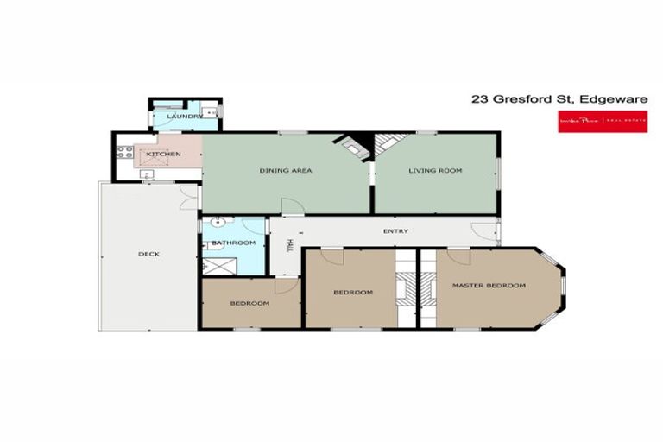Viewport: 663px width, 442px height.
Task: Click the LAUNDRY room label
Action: [x=185, y=116]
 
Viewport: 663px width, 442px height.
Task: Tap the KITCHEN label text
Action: [x=163, y=154]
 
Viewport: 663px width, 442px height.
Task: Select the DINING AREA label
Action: [x=285, y=170]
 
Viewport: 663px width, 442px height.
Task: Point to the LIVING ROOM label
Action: [x=435, y=170]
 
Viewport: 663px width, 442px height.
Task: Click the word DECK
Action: [x=148, y=254]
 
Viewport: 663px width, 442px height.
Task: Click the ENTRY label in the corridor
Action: [x=395, y=231]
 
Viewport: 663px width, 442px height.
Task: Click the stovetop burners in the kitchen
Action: [x=123, y=155]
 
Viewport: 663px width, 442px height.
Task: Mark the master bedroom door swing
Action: [x=458, y=256]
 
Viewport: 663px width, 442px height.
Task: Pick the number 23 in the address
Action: [x=479, y=99]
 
